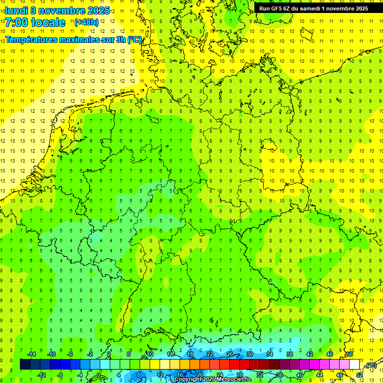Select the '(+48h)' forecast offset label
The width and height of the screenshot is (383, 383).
(x=86, y=22)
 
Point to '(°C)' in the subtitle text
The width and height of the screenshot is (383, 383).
(x=135, y=39)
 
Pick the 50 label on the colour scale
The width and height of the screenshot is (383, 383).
(x=350, y=354)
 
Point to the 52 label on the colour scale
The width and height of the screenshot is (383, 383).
(x=360, y=375)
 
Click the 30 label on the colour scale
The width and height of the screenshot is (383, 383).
(x=249, y=354)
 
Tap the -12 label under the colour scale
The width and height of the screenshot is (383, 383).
(x=41, y=375)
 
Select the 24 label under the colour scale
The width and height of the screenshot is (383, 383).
(x=220, y=375)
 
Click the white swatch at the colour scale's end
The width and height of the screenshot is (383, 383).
(x=354, y=365)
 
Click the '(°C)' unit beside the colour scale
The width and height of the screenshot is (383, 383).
(x=372, y=365)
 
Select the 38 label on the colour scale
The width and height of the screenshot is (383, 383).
(x=289, y=354)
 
